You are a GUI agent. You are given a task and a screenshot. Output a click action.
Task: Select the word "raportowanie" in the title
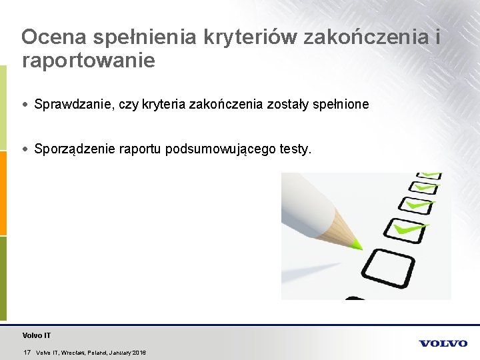click(x=88, y=61)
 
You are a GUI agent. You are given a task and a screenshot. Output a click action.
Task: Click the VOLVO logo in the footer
click(x=443, y=343)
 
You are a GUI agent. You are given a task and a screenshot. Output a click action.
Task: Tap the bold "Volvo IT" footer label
click(x=36, y=335)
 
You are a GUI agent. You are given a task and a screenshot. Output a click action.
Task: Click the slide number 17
click(x=27, y=352)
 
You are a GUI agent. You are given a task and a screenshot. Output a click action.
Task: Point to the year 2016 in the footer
click(x=139, y=352)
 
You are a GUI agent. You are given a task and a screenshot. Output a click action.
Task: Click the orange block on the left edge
click(x=3, y=193)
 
